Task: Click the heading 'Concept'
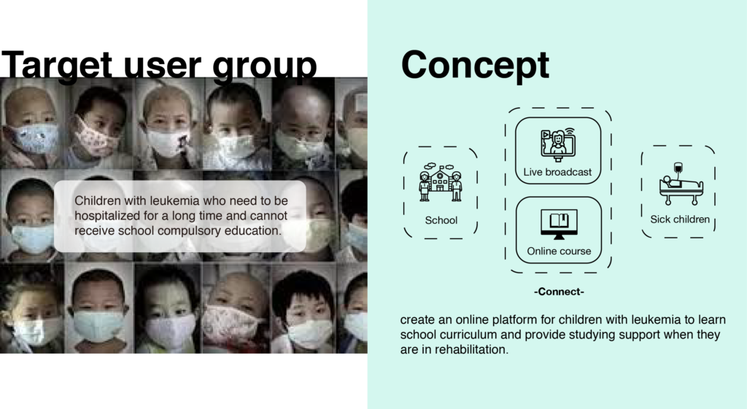tap(475, 65)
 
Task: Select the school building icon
tap(440, 182)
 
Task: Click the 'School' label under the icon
tap(441, 220)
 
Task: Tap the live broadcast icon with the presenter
tap(558, 144)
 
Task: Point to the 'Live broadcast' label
tap(557, 172)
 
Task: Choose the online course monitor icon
tap(559, 224)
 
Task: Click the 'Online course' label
tap(559, 251)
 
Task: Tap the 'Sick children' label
tap(680, 219)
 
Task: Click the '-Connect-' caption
tap(559, 292)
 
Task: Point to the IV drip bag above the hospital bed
tap(678, 168)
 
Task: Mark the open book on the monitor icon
tap(560, 220)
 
